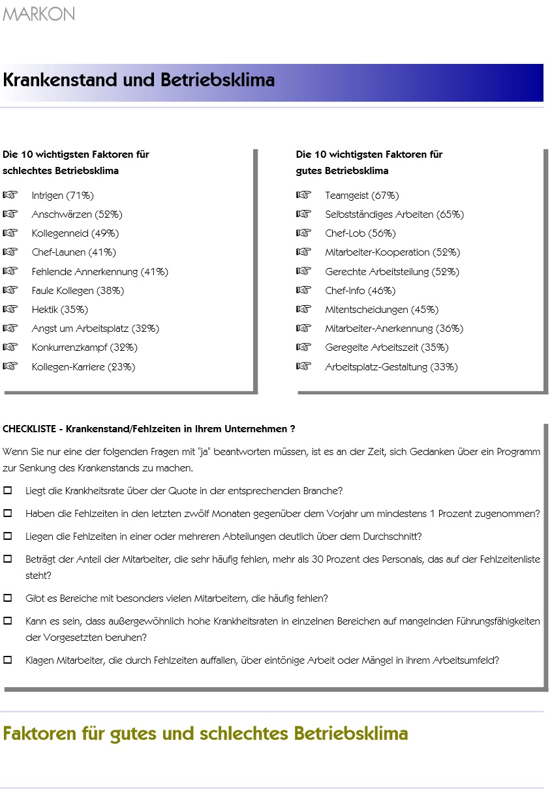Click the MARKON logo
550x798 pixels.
[38, 14]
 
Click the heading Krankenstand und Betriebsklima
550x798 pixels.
[139, 80]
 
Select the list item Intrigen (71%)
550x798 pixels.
[63, 196]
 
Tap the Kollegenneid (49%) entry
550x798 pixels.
[75, 233]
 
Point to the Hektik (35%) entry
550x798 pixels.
[59, 310]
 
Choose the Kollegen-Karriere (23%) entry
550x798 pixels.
[84, 367]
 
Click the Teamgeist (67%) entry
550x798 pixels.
[361, 196]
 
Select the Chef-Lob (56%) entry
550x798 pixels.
[360, 233]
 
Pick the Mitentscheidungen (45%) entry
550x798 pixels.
[382, 310]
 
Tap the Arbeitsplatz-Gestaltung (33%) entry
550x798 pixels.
[391, 367]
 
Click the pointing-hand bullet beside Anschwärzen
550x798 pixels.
[10, 214]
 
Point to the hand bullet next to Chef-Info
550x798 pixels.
[303, 290]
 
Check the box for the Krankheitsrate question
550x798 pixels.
[8, 490]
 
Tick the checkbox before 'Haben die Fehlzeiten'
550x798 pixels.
[8, 513]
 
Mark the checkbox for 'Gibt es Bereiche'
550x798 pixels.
[8, 598]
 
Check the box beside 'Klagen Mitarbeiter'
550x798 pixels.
[8, 660]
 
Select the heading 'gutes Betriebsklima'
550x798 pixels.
[342, 171]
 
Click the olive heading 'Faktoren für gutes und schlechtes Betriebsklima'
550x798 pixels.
[205, 733]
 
